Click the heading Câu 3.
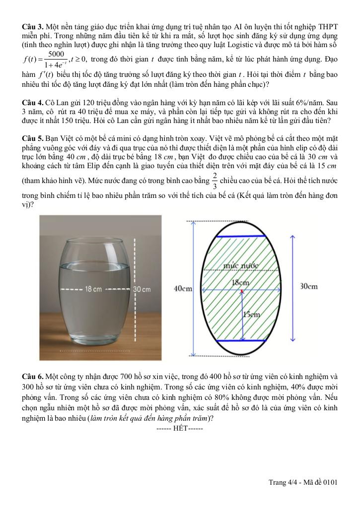click(x=33, y=25)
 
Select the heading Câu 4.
click(x=33, y=102)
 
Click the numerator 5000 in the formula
click(x=56, y=54)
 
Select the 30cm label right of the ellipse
click(x=309, y=286)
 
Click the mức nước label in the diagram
click(x=242, y=265)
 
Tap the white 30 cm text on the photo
click(x=142, y=289)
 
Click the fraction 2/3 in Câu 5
click(x=214, y=181)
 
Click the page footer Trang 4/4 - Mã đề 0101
click(x=303, y=482)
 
